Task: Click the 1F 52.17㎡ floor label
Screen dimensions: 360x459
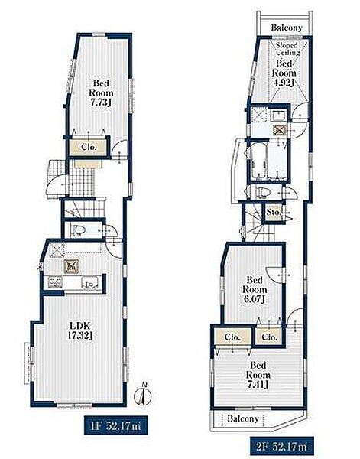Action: pyautogui.click(x=116, y=425)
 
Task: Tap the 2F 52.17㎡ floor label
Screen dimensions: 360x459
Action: pyautogui.click(x=282, y=447)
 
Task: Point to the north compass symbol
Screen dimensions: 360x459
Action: pyautogui.click(x=143, y=395)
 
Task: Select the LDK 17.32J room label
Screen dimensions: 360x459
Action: pyautogui.click(x=80, y=330)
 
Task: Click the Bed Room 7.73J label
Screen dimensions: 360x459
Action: pyautogui.click(x=101, y=93)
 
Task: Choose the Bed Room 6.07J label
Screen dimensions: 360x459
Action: pyautogui.click(x=255, y=289)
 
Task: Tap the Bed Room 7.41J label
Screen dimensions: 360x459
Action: pyautogui.click(x=258, y=375)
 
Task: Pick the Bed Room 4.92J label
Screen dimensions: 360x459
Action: pyautogui.click(x=284, y=73)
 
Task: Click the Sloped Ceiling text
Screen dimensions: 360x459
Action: pyautogui.click(x=287, y=49)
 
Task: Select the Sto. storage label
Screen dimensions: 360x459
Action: pyautogui.click(x=274, y=212)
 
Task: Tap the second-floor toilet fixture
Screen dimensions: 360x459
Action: pyautogui.click(x=261, y=192)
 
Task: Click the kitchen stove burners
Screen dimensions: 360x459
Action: pyautogui.click(x=55, y=282)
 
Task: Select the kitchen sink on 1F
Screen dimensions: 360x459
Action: pyautogui.click(x=89, y=283)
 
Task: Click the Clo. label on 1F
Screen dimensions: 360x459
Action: pyautogui.click(x=89, y=147)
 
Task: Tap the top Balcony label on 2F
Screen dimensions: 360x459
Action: pyautogui.click(x=287, y=28)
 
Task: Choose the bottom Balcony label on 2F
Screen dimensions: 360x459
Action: pyautogui.click(x=243, y=418)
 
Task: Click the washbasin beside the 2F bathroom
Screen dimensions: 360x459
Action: pyautogui.click(x=278, y=116)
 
